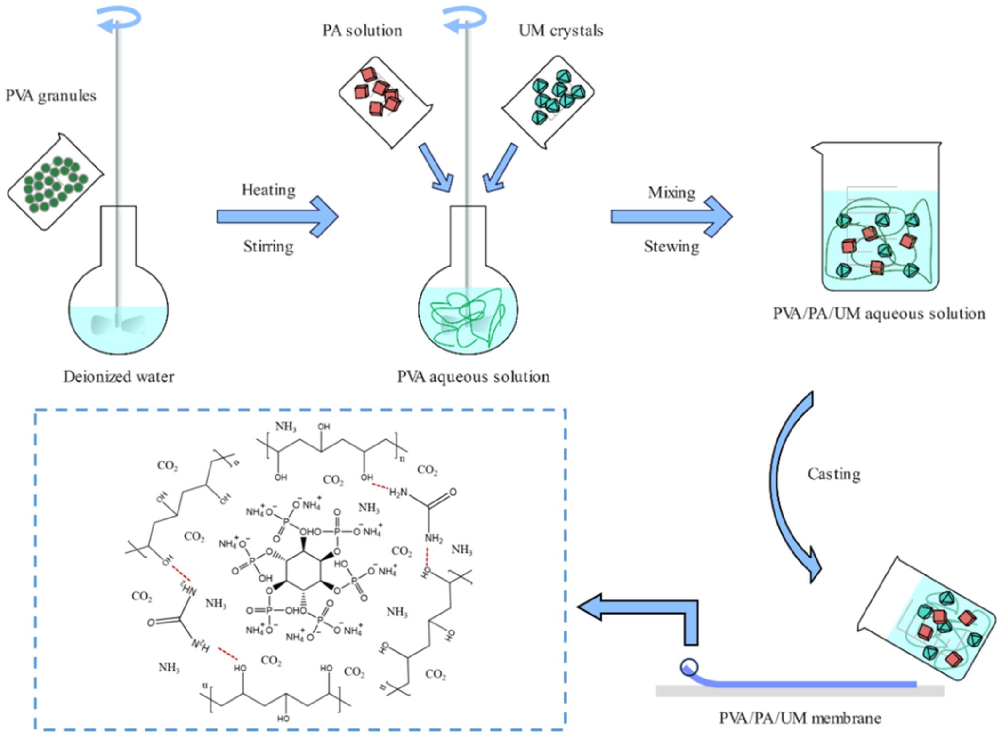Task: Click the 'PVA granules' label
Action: point(51,96)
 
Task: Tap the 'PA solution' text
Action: point(362,31)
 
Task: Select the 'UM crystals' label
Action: point(561,31)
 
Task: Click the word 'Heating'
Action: point(268,190)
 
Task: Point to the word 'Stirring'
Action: point(268,246)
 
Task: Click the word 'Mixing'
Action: point(671,193)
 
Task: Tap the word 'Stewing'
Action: point(671,246)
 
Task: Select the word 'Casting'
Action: point(834,474)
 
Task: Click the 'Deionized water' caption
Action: point(119,377)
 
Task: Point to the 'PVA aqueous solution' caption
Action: point(473,377)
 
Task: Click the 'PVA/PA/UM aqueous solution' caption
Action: point(879,314)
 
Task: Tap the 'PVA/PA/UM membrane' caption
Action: point(800,718)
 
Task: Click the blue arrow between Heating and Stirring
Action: point(277,217)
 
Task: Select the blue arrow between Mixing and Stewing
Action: point(671,217)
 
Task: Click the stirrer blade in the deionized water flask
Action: point(118,324)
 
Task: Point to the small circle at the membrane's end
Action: point(689,667)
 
